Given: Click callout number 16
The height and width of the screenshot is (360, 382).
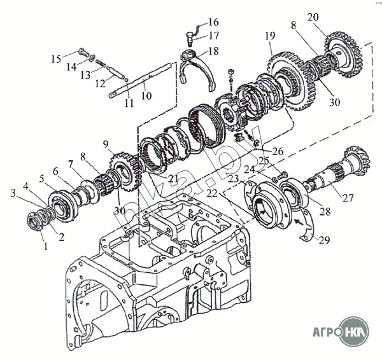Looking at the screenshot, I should (213, 21).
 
